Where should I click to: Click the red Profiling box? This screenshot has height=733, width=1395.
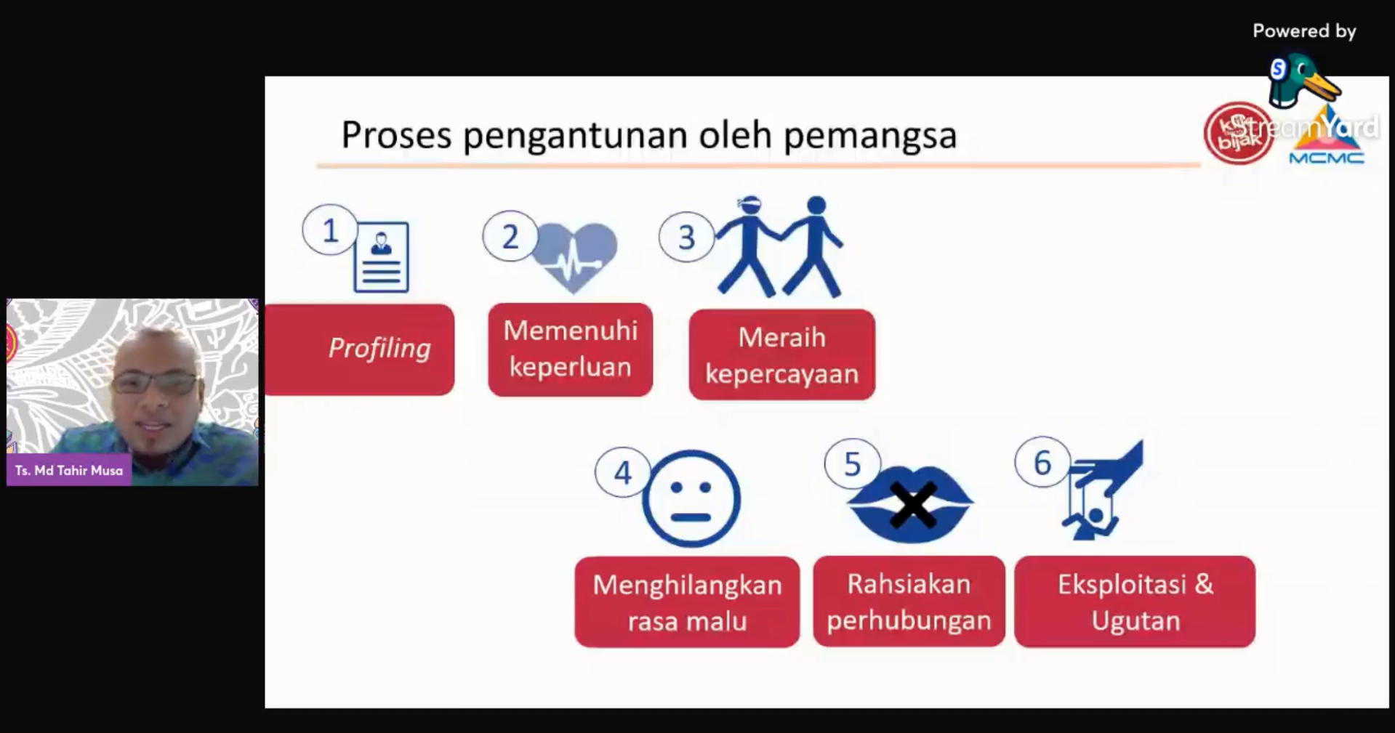(x=360, y=349)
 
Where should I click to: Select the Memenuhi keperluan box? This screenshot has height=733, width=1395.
(x=571, y=349)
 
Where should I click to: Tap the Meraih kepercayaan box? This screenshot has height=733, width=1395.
(x=782, y=355)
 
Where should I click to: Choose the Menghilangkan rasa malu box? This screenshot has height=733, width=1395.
(x=687, y=602)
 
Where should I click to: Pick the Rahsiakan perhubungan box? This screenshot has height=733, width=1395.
(x=909, y=602)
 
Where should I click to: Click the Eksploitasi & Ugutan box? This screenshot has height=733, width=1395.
(x=1135, y=602)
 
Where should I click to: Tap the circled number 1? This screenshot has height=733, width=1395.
(x=330, y=230)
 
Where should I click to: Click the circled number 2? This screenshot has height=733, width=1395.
(x=510, y=236)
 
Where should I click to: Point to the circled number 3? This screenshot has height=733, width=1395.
(x=686, y=238)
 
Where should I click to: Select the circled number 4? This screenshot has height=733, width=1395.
(x=623, y=473)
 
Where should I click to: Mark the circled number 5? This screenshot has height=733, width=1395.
(x=852, y=464)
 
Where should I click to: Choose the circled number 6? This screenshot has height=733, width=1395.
(x=1042, y=463)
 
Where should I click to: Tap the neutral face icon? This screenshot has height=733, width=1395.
(x=691, y=498)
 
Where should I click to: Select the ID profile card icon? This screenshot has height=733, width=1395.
(x=382, y=256)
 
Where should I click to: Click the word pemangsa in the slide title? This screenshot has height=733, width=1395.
(x=870, y=135)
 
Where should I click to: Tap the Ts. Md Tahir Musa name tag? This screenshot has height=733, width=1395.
(x=69, y=470)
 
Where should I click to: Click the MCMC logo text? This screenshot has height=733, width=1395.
(x=1327, y=158)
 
